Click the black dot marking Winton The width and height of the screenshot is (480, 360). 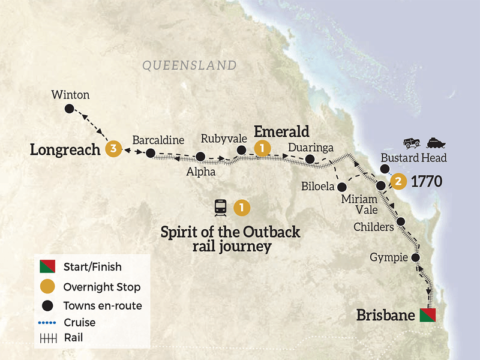click(x=69, y=109)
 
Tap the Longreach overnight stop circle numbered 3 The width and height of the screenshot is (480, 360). click(x=112, y=149)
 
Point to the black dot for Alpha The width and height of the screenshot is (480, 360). click(x=201, y=157)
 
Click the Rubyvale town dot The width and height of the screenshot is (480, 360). click(x=241, y=150)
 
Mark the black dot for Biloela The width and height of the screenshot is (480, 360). click(x=341, y=187)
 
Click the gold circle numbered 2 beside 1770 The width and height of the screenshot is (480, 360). click(x=397, y=180)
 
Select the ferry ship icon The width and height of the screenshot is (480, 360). click(x=435, y=143)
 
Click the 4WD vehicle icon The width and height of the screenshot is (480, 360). click(x=412, y=143)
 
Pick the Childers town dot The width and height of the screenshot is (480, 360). click(x=401, y=221)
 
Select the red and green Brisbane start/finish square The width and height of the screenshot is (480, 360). click(x=427, y=315)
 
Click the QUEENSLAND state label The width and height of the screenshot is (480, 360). click(x=190, y=65)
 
